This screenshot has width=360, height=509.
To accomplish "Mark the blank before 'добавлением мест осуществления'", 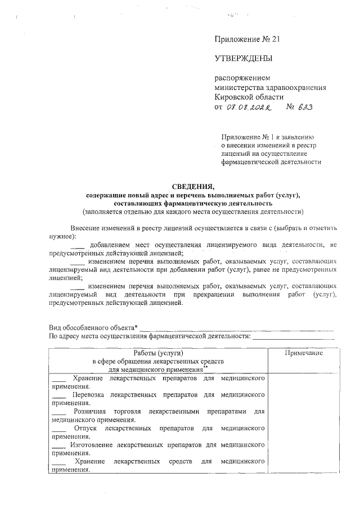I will (x=79, y=246).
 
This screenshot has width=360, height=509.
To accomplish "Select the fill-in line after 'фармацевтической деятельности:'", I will (x=293, y=337).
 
